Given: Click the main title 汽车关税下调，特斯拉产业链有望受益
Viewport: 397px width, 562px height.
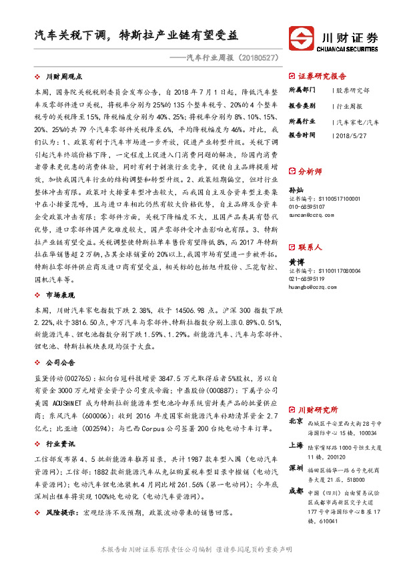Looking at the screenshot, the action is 136,35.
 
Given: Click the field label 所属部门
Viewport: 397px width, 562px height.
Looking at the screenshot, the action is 301,89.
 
